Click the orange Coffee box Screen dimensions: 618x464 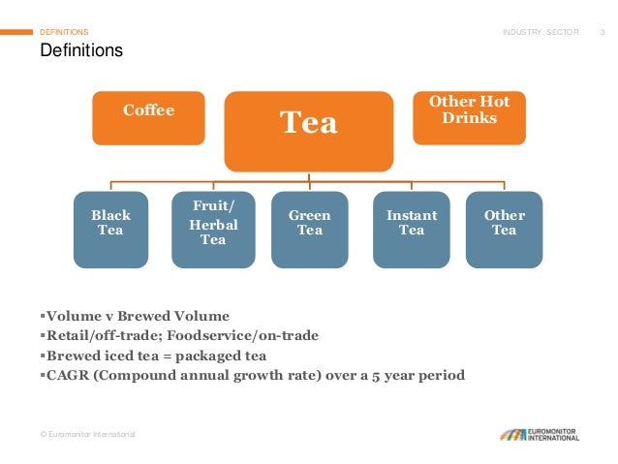click(x=148, y=117)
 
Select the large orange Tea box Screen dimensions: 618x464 click(x=309, y=131)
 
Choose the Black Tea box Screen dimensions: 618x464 click(x=110, y=229)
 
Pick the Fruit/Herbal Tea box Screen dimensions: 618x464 click(x=212, y=229)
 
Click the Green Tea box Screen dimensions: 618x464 click(x=309, y=229)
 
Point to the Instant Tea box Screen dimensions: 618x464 click(x=411, y=229)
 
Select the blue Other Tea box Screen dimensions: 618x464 click(x=504, y=229)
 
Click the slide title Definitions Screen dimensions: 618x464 click(x=81, y=50)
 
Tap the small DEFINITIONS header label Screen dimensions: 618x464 click(x=64, y=32)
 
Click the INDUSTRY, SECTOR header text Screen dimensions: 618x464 click(x=541, y=32)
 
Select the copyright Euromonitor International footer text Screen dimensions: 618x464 click(x=87, y=434)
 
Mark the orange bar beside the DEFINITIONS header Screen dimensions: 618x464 click(x=16, y=32)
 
